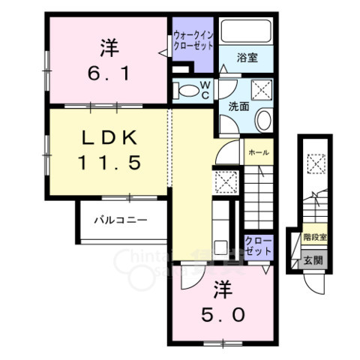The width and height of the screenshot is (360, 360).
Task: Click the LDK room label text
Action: [x=108, y=138]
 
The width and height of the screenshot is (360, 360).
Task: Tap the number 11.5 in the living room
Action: [x=108, y=161]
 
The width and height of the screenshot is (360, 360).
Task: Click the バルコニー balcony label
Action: [x=120, y=220]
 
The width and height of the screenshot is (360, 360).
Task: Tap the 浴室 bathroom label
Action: [x=247, y=58]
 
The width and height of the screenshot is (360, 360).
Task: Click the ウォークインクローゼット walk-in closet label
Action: [x=193, y=39]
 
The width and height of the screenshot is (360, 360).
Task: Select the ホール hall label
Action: [x=259, y=151]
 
